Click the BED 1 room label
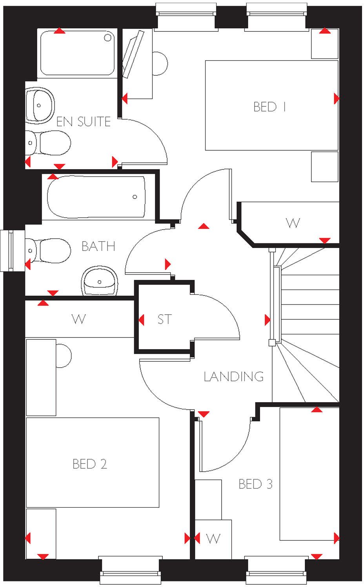tap(269, 107)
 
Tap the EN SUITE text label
tap(84, 122)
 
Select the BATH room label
tap(98, 246)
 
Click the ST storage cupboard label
tap(165, 319)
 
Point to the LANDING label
tap(234, 377)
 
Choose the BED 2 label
tap(90, 464)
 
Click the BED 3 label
tap(255, 484)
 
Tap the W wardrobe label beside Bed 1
tap(293, 223)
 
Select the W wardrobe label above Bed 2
tap(79, 319)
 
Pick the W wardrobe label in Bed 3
tap(213, 539)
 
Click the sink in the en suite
tap(40, 105)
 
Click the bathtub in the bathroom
tap(96, 197)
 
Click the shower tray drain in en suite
tap(108, 38)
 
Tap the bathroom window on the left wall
tap(7, 250)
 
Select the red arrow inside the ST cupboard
tap(141, 320)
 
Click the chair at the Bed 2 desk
tap(64, 356)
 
